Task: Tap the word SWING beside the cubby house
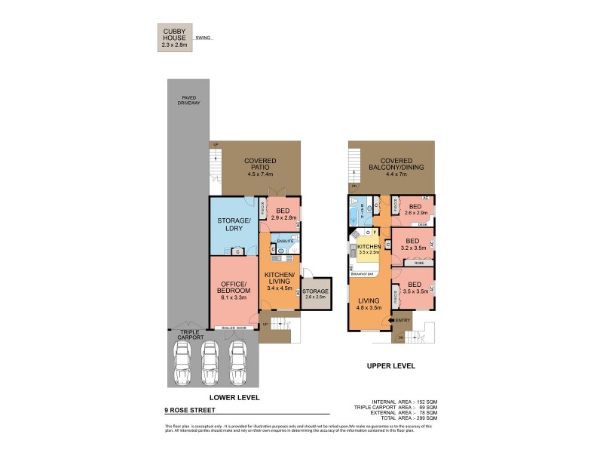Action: (x=203, y=37)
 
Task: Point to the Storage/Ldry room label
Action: (x=233, y=224)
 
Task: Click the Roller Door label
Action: (x=231, y=328)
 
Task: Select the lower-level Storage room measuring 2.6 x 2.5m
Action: (x=316, y=293)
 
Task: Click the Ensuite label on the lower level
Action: (x=286, y=242)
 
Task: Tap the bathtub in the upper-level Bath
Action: (x=354, y=216)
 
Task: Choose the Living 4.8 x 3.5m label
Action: (x=369, y=304)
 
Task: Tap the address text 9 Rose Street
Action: (x=189, y=410)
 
